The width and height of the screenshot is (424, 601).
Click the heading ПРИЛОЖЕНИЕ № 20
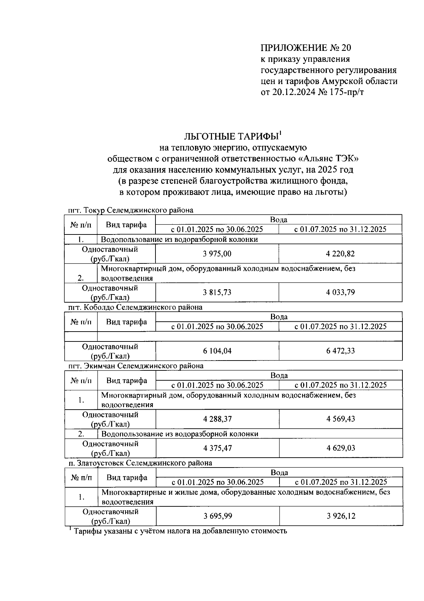tap(306, 48)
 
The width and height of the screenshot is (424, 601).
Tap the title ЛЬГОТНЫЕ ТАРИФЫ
tap(231, 137)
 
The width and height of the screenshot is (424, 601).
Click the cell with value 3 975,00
tap(217, 254)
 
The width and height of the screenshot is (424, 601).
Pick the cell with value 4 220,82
tap(340, 254)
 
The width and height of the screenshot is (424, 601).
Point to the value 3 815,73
tap(217, 292)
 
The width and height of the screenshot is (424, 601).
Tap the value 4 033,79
tap(340, 292)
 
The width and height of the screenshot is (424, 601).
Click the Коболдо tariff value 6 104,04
tap(217, 351)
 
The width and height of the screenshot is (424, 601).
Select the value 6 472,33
tap(340, 351)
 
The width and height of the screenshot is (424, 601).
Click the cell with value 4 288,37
tap(217, 419)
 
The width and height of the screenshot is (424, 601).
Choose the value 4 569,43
tap(341, 419)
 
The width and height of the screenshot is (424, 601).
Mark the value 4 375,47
tap(217, 448)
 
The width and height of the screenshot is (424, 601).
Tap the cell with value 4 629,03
tap(341, 448)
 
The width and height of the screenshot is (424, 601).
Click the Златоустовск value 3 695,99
tap(218, 516)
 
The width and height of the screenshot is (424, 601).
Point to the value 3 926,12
tap(341, 516)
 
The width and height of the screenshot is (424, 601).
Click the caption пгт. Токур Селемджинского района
tap(131, 210)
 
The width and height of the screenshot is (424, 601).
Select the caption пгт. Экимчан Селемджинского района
tap(136, 366)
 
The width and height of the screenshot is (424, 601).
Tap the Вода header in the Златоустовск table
tap(279, 472)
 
